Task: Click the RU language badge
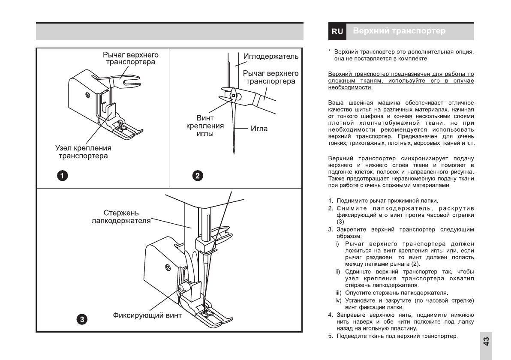tap(337, 31)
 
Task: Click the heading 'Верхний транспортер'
tap(399, 31)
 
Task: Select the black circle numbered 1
tap(63, 175)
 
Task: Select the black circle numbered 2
tap(198, 175)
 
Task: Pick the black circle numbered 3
tap(82, 319)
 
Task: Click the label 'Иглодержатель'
tap(271, 57)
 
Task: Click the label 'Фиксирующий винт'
tap(147, 316)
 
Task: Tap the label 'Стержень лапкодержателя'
tap(121, 217)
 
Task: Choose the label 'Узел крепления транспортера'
tap(83, 152)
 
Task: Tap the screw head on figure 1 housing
tap(87, 94)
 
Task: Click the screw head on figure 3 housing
tap(168, 269)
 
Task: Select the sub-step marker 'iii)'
tap(338, 293)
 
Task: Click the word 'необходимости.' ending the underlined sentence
tap(350, 87)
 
